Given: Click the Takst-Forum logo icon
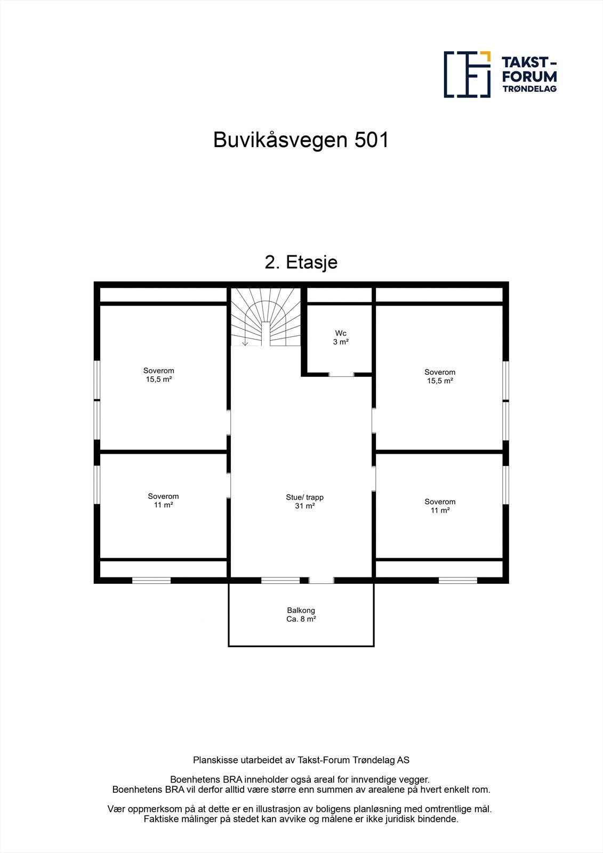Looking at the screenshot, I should [x=467, y=75].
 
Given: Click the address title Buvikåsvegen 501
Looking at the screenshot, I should [x=301, y=140].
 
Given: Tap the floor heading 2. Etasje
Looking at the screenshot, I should [x=301, y=262].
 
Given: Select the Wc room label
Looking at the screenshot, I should [x=341, y=333].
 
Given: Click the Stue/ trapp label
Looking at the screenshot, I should [x=304, y=497].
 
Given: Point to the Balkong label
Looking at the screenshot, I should [x=301, y=610].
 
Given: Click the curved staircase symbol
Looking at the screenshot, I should [x=266, y=317].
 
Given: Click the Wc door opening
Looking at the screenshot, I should [x=341, y=375].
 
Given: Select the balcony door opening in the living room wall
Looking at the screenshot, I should [x=321, y=580].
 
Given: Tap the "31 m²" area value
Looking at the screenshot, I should [x=304, y=506].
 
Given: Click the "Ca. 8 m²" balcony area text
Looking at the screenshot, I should [x=301, y=619].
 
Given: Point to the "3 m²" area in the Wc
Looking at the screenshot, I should [x=341, y=342].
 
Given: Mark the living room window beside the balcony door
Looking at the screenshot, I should [x=280, y=580].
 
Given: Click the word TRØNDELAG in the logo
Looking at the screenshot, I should [x=530, y=89].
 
